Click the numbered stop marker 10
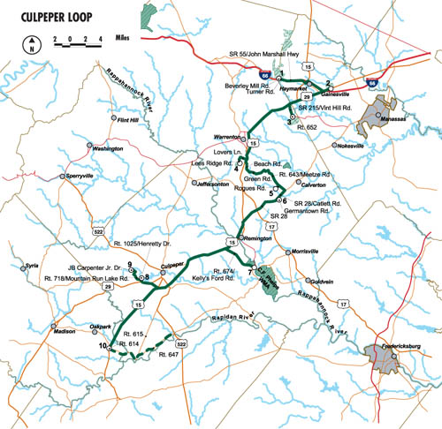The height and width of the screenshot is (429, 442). click(x=103, y=346)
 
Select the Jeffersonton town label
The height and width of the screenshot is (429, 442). click(x=217, y=183)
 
